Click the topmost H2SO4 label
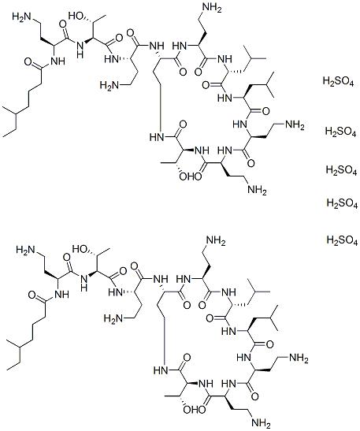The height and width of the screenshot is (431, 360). point(338,82)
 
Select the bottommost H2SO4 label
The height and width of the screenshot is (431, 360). point(342,240)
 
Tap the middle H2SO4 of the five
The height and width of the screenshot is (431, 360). point(341,170)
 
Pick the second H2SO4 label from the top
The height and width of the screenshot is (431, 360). point(340,132)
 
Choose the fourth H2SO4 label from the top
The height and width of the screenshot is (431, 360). point(342,203)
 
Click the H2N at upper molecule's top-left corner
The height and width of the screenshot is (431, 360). point(22,17)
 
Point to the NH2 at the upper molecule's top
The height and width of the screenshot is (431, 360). point(212,8)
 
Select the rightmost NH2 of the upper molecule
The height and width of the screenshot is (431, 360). point(295,125)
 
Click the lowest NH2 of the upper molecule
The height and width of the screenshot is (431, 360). point(257,190)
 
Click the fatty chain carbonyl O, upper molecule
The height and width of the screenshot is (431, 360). point(28,61)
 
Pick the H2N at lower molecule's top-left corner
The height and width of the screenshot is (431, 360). point(26,250)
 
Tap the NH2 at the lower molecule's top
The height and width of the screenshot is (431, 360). point(216,241)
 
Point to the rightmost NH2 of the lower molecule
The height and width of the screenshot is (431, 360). point(299,359)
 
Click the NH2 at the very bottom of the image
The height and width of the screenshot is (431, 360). point(261,423)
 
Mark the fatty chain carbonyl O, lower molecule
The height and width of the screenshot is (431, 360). point(32,295)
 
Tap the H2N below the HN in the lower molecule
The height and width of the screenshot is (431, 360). point(113,318)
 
